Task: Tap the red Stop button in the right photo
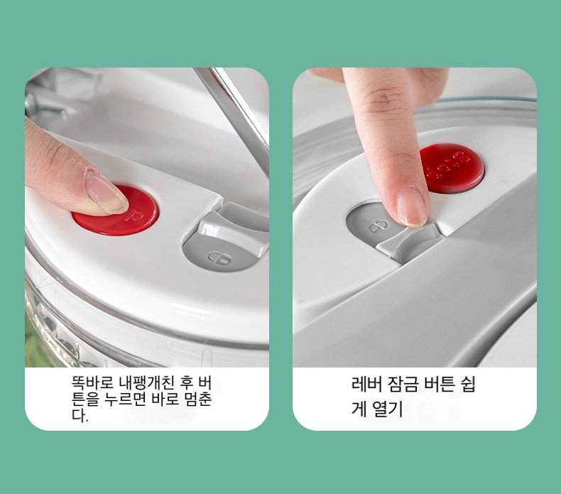452,168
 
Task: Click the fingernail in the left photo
105,193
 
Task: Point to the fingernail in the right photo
412,207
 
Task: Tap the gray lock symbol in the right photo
378,227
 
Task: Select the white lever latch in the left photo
232,230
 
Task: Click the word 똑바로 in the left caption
92,383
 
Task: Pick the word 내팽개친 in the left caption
147,383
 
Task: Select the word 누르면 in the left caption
124,399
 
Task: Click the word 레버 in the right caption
366,385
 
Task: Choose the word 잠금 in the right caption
403,385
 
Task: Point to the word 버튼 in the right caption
440,385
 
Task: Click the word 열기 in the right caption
388,409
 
